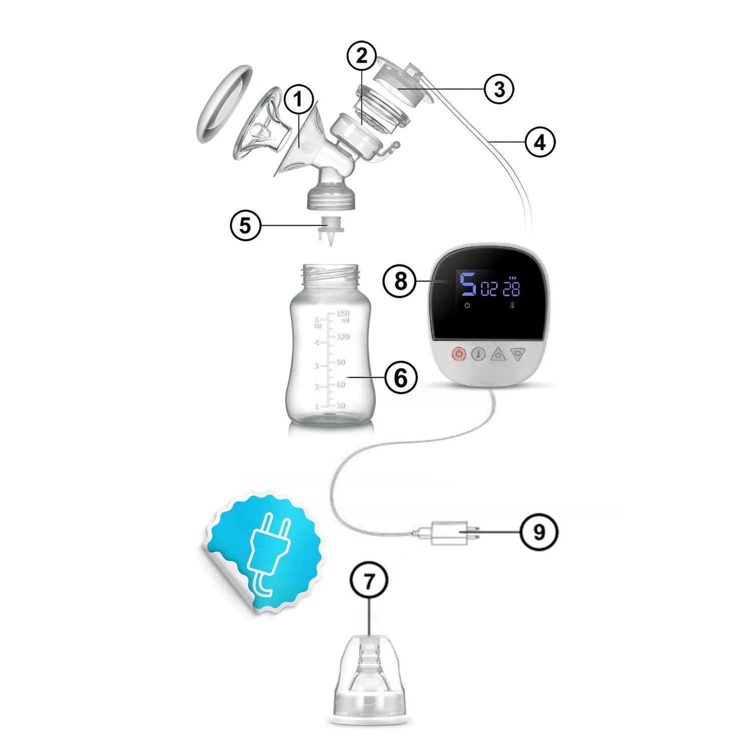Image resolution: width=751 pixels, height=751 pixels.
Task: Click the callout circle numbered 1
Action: click(x=299, y=100)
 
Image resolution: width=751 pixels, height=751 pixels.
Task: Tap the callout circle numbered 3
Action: click(x=499, y=89)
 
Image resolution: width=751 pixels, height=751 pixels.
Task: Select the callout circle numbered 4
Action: click(x=540, y=142)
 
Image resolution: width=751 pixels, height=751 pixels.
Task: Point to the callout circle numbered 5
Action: click(x=245, y=225)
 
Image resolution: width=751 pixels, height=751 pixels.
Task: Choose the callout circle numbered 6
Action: click(x=401, y=378)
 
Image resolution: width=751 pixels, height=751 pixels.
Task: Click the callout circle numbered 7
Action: click(x=369, y=581)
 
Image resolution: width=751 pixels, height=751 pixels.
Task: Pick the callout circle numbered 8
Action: click(x=401, y=281)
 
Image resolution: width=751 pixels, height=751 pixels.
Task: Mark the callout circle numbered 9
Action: click(x=539, y=532)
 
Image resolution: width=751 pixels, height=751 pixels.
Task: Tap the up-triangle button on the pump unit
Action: click(x=498, y=354)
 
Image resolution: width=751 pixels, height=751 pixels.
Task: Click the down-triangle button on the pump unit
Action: click(x=518, y=354)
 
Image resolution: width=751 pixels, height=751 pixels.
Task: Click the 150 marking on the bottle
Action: click(x=343, y=314)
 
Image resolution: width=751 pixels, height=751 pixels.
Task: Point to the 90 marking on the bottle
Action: click(x=341, y=362)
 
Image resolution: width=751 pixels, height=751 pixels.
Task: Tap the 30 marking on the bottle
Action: click(x=341, y=405)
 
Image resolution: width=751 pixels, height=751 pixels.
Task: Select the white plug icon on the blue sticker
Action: click(x=268, y=553)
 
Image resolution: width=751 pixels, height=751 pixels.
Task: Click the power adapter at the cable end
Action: click(x=446, y=532)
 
